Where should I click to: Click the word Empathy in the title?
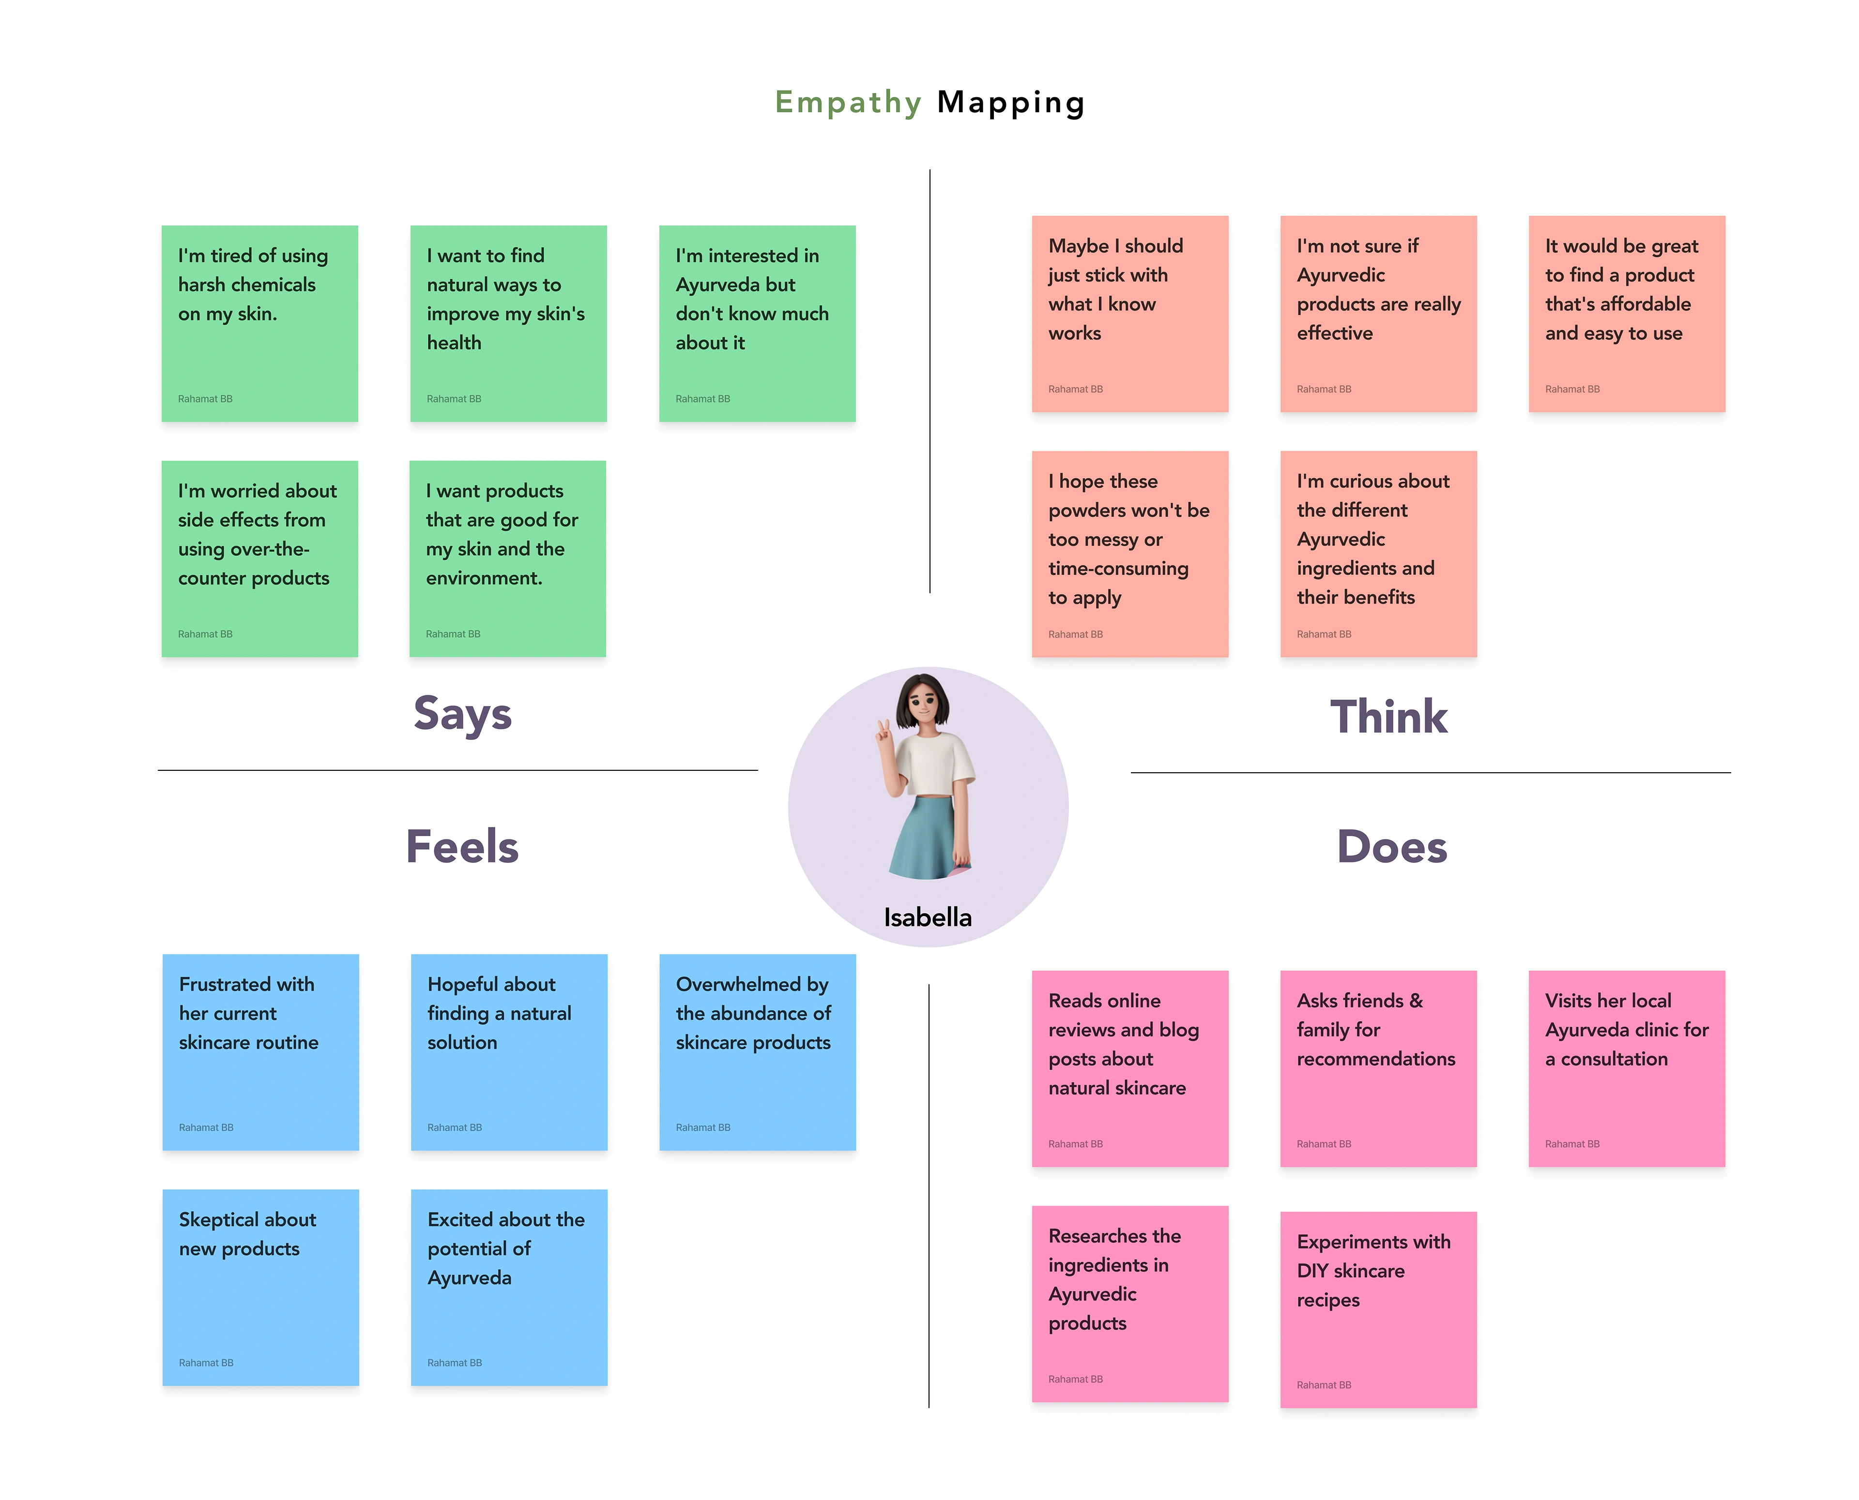[x=847, y=102]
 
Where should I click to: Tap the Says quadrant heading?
[x=462, y=714]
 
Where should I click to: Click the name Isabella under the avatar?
[x=928, y=917]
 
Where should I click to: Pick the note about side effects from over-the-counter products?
[x=259, y=558]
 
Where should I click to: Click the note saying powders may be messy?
[x=1129, y=553]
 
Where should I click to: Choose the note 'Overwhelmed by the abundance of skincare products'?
[x=757, y=1051]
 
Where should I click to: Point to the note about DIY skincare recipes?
[x=1378, y=1309]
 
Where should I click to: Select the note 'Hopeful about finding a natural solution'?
[x=509, y=1051]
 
